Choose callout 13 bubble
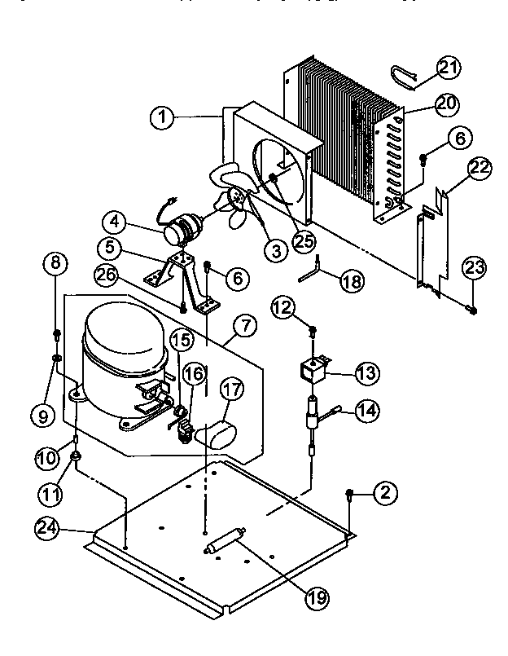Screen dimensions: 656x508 click(x=366, y=373)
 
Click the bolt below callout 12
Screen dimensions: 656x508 click(x=313, y=330)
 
